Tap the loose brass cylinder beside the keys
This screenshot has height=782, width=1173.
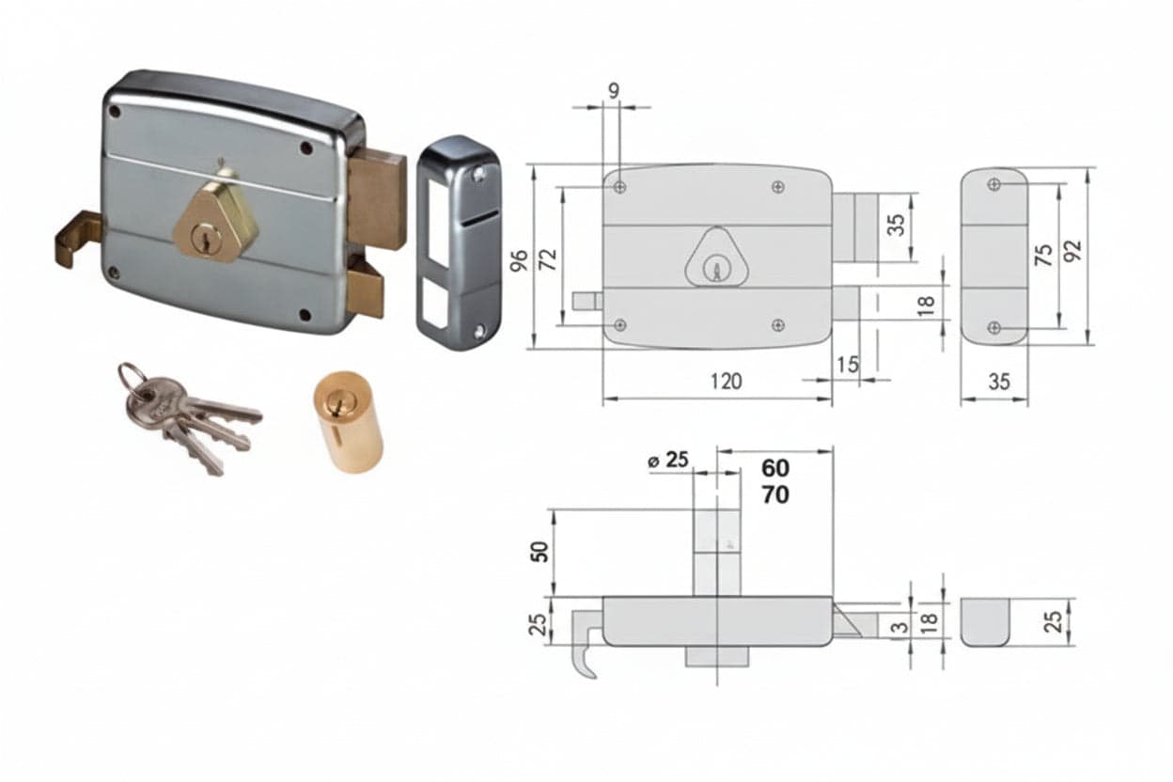[x=348, y=422]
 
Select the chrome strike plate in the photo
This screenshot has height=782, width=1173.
[x=460, y=242]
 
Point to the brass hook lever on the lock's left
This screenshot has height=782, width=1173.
[x=79, y=239]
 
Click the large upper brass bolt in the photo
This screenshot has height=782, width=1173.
[x=378, y=198]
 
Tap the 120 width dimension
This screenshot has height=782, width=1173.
[x=727, y=382]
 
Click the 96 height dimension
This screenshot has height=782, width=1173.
[x=520, y=260]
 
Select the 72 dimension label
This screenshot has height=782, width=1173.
[x=548, y=259]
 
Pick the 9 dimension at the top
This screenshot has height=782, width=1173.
[x=614, y=91]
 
